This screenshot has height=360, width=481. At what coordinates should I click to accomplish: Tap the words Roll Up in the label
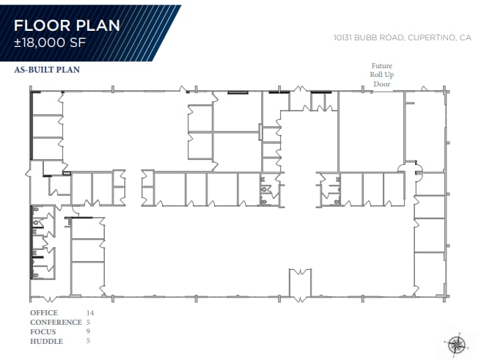coord(382,76)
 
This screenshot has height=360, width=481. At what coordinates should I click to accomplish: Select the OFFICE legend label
coord(43,313)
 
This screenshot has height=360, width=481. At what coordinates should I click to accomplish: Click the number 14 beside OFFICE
coord(90,313)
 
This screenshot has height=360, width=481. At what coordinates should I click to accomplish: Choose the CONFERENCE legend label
coord(55,323)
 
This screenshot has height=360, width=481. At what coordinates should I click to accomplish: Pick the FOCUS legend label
coord(43,332)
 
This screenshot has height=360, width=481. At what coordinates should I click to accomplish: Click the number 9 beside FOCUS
coord(89,332)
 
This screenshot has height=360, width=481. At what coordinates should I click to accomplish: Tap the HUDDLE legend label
coord(45,342)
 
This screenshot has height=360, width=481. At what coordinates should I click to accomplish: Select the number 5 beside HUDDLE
coord(89,342)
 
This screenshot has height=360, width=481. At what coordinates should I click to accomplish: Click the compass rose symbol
coord(457,342)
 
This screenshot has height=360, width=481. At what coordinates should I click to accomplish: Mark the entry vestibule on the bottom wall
coord(301,284)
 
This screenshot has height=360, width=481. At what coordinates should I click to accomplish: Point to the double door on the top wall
coord(301,89)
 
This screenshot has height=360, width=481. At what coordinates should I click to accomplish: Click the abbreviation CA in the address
coord(463,37)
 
